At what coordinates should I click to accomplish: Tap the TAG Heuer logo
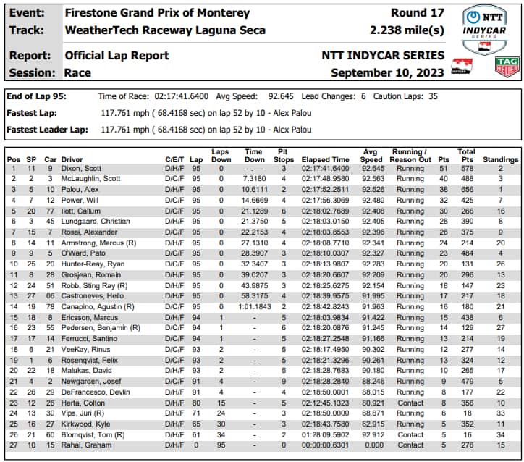506,67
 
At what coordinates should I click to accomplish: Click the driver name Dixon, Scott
82,168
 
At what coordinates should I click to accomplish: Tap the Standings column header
501,159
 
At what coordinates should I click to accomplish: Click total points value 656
467,189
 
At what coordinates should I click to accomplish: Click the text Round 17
418,13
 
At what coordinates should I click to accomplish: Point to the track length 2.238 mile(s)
407,30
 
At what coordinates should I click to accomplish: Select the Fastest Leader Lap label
47,130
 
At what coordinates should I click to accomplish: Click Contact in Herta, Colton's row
410,403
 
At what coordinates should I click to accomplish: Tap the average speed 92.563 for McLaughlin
371,178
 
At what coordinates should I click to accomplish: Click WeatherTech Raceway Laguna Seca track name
164,30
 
